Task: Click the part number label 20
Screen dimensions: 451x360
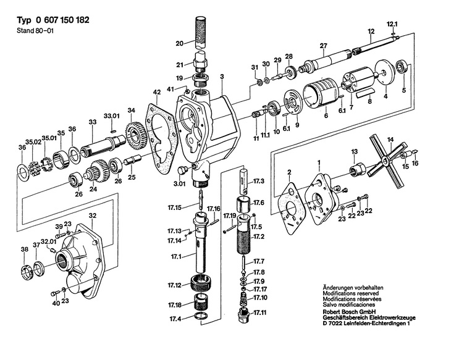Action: click(180, 44)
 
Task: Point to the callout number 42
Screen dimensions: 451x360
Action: click(157, 93)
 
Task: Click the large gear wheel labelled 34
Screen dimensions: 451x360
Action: click(136, 136)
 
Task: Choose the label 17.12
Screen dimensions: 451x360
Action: click(175, 285)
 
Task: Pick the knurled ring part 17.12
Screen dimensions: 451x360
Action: click(200, 283)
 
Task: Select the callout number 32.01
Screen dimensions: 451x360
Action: click(49, 242)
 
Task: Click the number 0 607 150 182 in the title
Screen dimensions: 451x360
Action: click(62, 20)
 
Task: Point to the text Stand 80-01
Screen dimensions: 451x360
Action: click(35, 30)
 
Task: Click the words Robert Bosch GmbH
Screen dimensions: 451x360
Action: click(349, 312)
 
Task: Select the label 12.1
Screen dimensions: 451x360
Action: click(392, 25)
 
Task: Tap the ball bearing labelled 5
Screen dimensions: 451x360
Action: click(401, 67)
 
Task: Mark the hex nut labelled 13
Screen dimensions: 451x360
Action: click(357, 169)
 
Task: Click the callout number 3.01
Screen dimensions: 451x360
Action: click(180, 183)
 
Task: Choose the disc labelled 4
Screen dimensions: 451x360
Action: click(385, 72)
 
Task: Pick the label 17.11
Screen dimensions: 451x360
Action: click(259, 312)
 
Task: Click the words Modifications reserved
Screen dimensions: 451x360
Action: click(351, 293)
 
